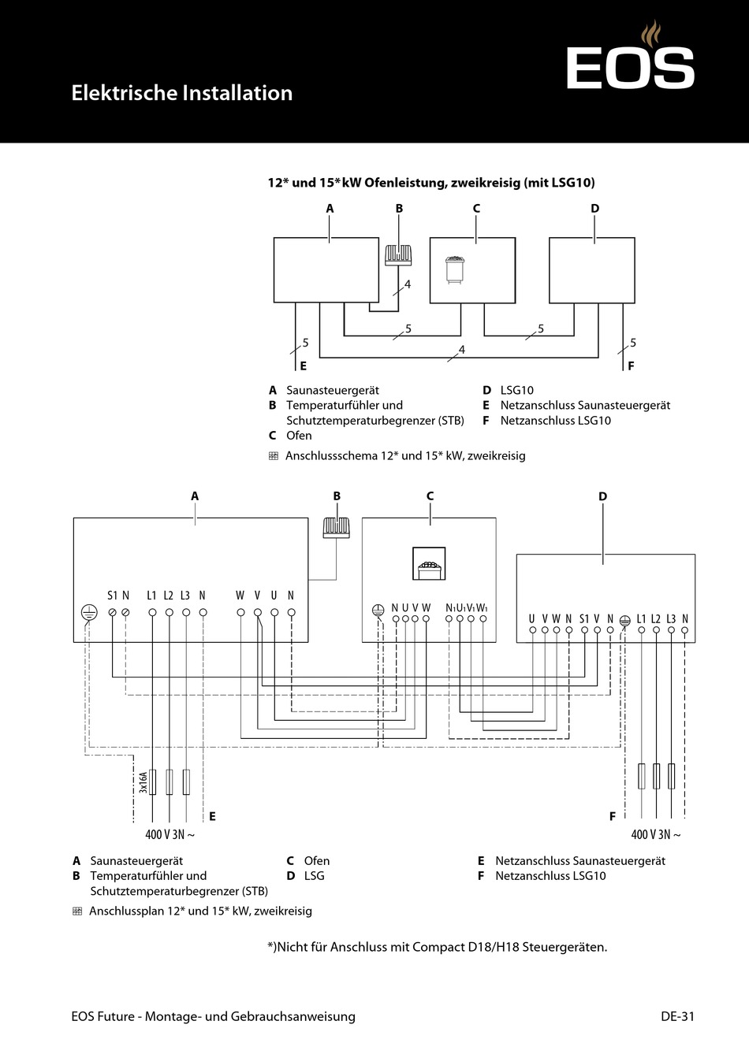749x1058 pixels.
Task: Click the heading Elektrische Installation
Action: tap(182, 93)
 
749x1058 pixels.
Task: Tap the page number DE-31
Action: tap(677, 1016)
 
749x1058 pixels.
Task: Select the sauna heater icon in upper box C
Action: tap(455, 267)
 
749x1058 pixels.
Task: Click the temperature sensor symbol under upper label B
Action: tap(398, 255)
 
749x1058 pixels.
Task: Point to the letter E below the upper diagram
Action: tap(303, 366)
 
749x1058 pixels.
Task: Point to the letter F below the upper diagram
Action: tap(631, 366)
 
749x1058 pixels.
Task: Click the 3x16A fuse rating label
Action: tap(143, 782)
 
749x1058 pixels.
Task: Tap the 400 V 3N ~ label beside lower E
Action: tap(170, 834)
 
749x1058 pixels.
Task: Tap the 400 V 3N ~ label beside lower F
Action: tap(655, 834)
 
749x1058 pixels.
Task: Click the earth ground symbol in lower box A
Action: tap(89, 613)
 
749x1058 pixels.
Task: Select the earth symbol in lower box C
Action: tap(378, 610)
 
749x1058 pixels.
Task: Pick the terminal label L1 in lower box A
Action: tap(151, 596)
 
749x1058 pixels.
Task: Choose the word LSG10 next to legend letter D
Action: tap(516, 390)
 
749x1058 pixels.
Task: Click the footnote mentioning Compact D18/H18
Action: tap(438, 947)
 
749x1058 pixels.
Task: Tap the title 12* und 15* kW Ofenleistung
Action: tap(431, 183)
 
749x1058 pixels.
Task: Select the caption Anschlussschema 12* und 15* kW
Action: tap(404, 455)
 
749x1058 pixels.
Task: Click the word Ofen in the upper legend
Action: tap(299, 436)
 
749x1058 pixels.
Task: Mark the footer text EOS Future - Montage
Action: tap(213, 1016)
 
